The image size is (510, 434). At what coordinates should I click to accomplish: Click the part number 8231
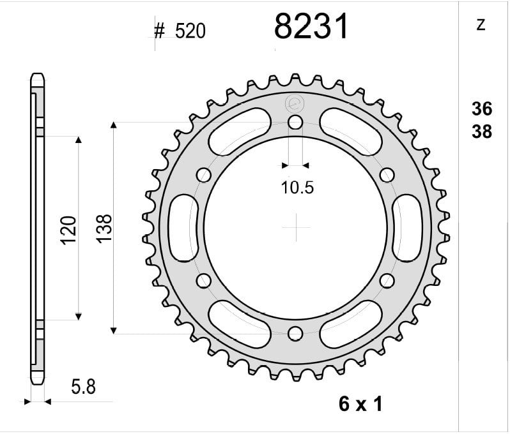(311, 27)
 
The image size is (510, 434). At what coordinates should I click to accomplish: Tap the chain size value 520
(190, 31)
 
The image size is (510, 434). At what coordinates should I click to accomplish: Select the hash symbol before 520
(159, 31)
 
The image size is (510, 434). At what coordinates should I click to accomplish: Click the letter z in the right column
(481, 25)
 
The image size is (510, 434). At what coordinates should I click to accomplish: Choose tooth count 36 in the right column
(482, 109)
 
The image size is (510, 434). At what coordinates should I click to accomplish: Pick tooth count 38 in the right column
(482, 131)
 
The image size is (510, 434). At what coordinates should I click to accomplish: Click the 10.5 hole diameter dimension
(297, 188)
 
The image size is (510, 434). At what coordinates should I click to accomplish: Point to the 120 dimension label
(69, 230)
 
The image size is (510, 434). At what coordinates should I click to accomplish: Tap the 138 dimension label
(104, 228)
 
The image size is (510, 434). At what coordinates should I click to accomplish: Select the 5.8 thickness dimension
(83, 387)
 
